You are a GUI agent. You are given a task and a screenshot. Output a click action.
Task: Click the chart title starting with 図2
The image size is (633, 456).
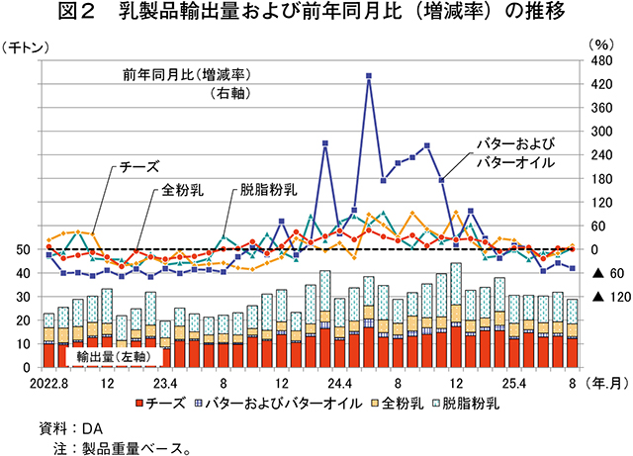(x=316, y=15)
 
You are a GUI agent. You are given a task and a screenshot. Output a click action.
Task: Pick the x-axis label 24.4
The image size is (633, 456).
(x=339, y=382)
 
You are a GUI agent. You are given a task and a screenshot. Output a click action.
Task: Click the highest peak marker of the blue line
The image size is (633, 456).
(x=368, y=75)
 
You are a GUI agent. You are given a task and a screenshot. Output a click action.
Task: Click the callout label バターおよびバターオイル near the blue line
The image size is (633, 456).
(x=514, y=153)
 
